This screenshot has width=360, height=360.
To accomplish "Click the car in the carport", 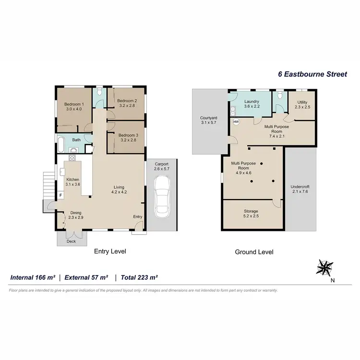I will (x=162, y=197).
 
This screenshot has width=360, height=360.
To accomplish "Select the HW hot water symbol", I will (x=236, y=122).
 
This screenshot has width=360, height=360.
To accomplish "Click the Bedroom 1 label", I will (x=74, y=104).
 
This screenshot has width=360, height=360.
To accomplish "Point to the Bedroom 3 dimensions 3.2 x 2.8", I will (x=128, y=141).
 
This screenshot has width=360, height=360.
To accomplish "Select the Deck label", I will (x=71, y=241).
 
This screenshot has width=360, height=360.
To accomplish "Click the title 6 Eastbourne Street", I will (x=312, y=74).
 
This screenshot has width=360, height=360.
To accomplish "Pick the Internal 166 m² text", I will (x=33, y=277).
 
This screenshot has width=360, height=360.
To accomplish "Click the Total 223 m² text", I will (x=139, y=277).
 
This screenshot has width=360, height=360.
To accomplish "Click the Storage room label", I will (x=251, y=211).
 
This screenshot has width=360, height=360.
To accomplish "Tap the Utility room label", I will (x=302, y=102).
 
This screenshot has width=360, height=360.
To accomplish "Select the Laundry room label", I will (x=252, y=102).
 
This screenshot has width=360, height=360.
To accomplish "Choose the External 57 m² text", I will (x=86, y=277).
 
